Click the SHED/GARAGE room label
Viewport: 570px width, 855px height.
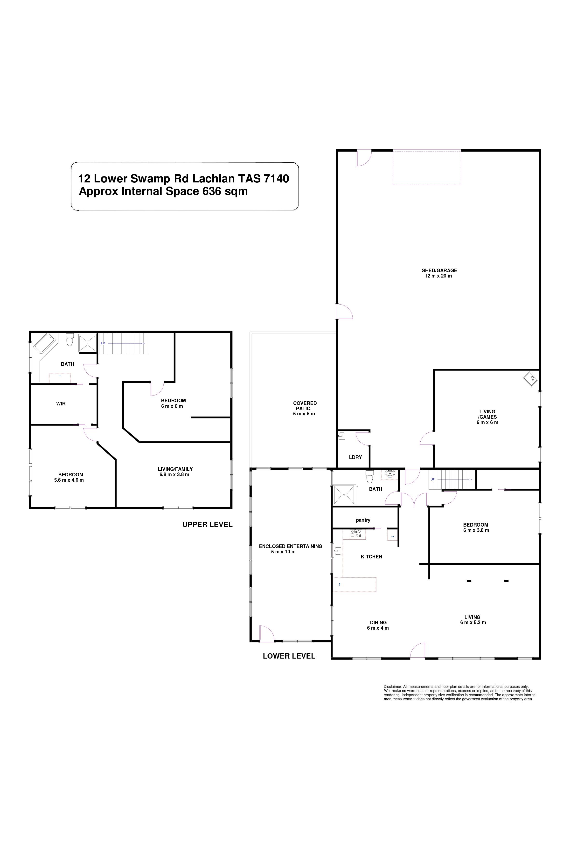[x=439, y=271]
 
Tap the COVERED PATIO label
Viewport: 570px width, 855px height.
[x=305, y=406]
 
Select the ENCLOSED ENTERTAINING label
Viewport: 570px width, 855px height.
[x=291, y=546]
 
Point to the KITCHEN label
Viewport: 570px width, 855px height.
[x=371, y=556]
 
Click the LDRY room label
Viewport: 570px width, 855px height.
[x=355, y=457]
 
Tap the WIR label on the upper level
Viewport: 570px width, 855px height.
[x=61, y=403]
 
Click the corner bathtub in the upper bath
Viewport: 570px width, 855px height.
[x=44, y=343]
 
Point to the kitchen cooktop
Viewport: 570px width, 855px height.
[x=355, y=534]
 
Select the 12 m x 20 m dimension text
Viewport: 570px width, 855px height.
[x=438, y=276]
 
